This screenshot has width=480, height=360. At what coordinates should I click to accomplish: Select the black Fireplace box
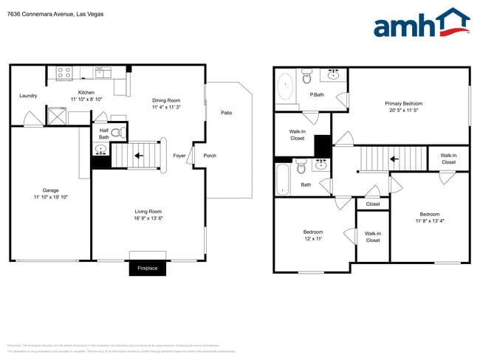(148, 268)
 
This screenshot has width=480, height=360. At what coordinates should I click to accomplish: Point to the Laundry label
(28, 96)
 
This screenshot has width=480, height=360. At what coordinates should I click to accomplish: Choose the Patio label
(227, 113)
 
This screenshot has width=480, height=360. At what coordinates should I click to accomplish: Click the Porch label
(210, 156)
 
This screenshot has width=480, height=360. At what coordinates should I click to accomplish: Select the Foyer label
(179, 156)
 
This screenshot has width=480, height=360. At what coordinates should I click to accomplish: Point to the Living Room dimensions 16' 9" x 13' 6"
(148, 218)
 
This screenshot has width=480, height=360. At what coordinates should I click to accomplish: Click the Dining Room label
(166, 100)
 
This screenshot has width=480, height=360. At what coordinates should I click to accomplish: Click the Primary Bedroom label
(403, 103)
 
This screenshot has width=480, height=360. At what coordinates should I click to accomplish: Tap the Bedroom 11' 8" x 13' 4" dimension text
(430, 221)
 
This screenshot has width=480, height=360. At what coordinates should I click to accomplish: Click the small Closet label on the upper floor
(373, 204)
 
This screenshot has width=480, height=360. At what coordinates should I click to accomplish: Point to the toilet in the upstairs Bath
(302, 168)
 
